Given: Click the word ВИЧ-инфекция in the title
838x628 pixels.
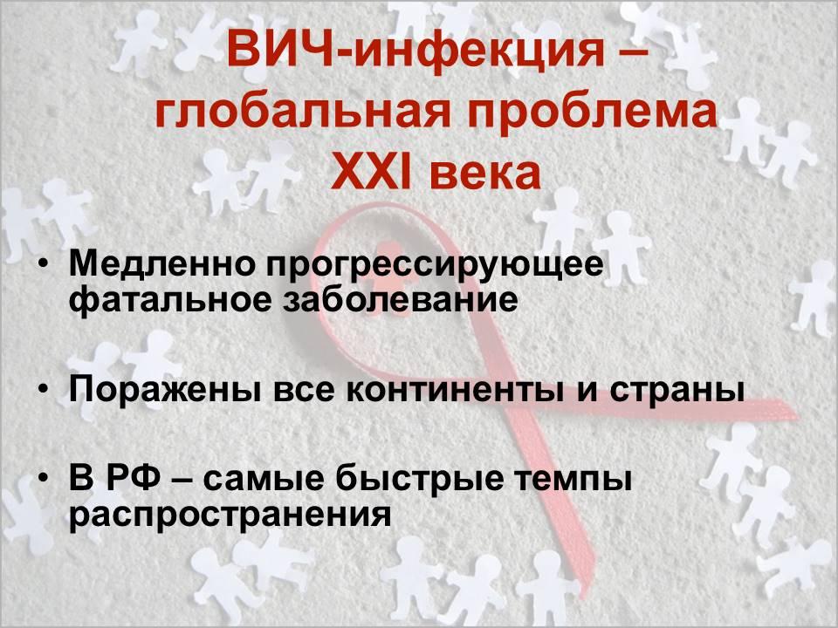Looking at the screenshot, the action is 415,51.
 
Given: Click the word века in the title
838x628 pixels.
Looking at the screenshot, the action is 485,173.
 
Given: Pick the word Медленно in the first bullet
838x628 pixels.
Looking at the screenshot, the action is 162,263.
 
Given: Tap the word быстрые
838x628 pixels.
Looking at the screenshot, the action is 419,477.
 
